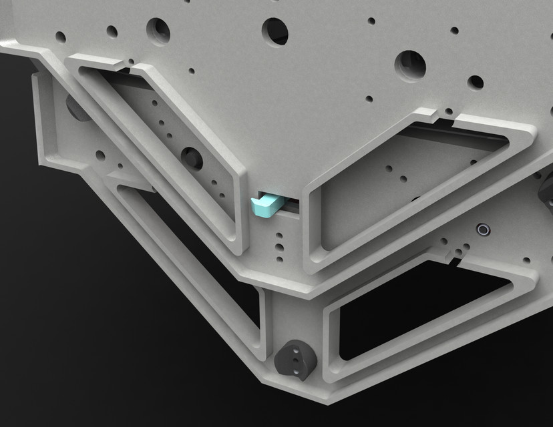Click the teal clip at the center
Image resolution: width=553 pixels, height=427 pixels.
coord(265,205)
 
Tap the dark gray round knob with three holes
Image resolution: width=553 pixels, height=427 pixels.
coord(295,359)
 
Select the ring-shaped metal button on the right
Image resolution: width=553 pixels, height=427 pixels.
coord(482,230)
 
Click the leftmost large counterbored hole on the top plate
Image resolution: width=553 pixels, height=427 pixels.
coord(158,30)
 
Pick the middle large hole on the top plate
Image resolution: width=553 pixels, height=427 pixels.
coord(274,31)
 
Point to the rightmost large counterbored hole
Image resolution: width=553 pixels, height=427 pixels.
coord(410,65)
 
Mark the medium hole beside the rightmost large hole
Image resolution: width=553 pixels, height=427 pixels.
coord(475,82)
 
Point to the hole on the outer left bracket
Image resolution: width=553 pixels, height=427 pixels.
coord(100,155)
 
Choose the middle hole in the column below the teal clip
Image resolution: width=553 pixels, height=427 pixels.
coord(279,245)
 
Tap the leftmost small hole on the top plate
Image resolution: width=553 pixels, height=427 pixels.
coord(60,37)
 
